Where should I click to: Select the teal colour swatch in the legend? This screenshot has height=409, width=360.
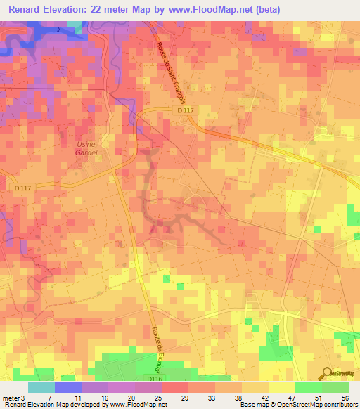point(41,387)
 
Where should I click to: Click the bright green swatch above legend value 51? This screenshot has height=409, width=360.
point(308,387)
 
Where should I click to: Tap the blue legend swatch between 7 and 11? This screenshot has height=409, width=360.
point(67,387)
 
